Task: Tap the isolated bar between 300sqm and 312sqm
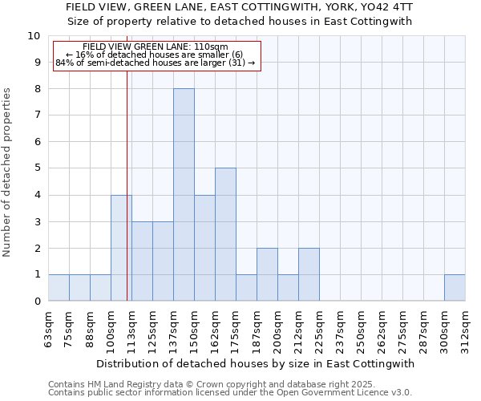coord(455,288)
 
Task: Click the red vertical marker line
coord(127,184)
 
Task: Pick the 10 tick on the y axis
coord(34,36)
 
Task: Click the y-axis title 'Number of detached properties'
coord(8,172)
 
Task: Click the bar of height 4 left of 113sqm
coord(121,248)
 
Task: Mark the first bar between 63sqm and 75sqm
coord(59,288)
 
